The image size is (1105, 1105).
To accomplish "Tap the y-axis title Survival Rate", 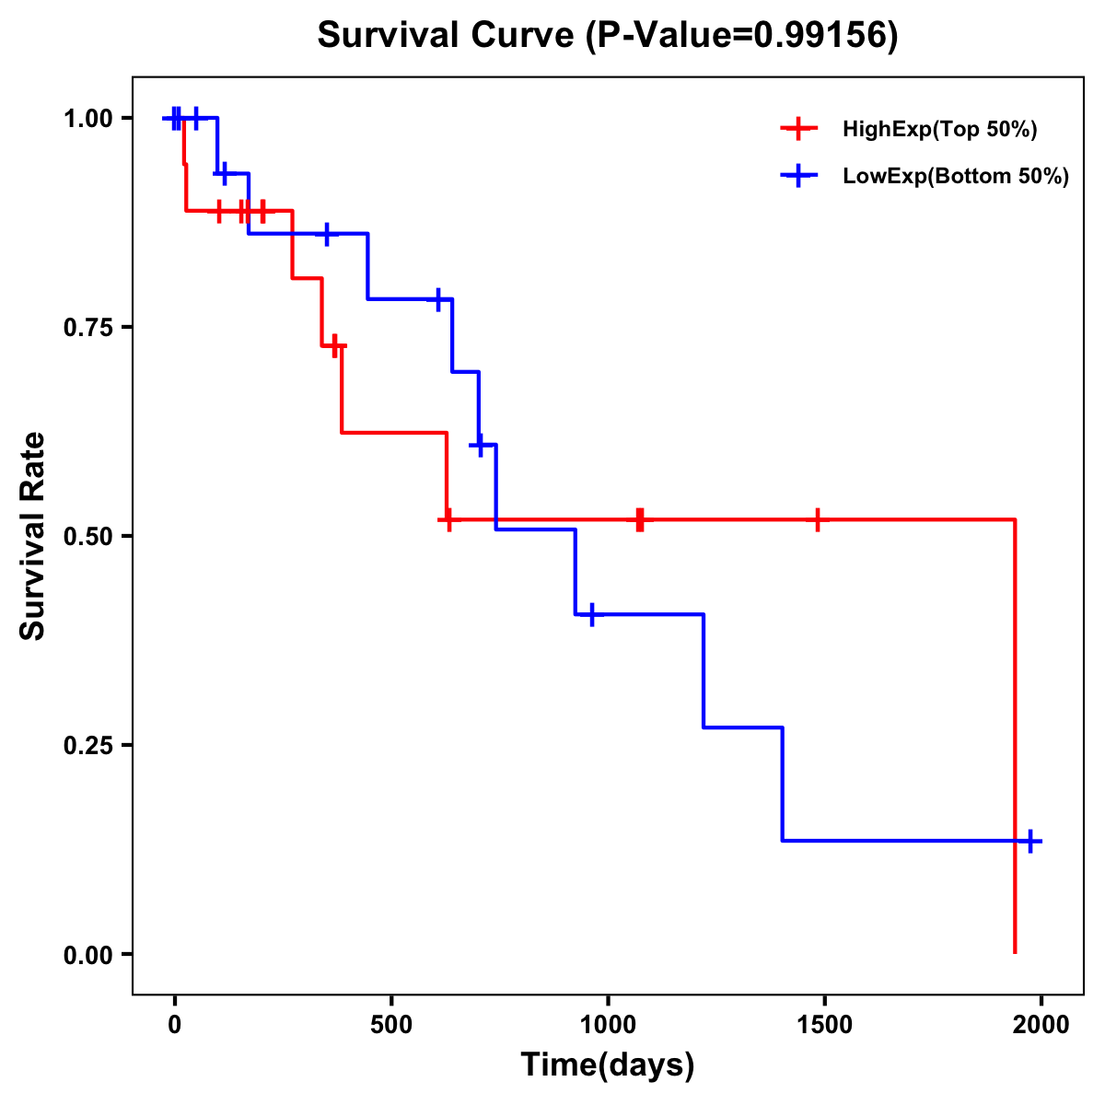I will tap(33, 535).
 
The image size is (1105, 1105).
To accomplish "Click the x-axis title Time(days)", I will tap(608, 1064).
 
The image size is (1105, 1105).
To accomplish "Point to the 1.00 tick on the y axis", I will tap(88, 118).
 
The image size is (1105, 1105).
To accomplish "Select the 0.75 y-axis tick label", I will tap(88, 327).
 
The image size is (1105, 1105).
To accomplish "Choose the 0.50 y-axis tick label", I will tap(88, 536).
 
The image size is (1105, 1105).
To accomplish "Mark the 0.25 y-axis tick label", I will tap(88, 745).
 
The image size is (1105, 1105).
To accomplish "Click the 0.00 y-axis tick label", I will tap(88, 954).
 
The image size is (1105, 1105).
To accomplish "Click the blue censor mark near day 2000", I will tap(1030, 841).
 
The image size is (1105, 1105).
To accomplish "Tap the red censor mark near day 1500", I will tap(817, 519).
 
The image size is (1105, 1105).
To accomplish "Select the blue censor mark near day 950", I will tap(591, 614).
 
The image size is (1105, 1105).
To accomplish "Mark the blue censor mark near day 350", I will tap(326, 234).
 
